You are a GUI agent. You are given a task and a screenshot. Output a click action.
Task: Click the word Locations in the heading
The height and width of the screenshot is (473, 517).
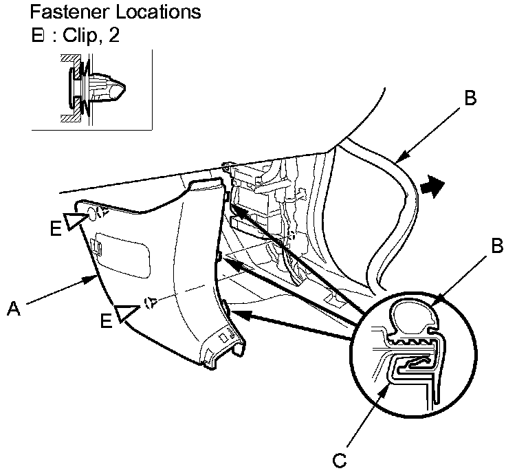154,12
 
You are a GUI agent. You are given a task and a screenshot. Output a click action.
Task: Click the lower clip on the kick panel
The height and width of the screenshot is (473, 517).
151,301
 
